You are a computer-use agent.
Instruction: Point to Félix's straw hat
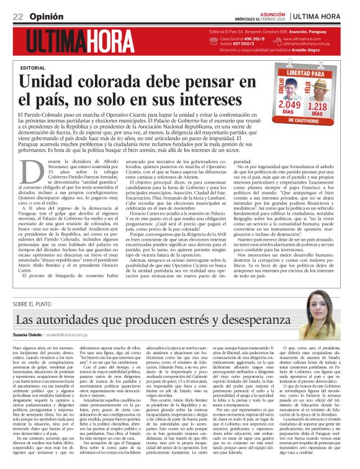click(320, 83)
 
